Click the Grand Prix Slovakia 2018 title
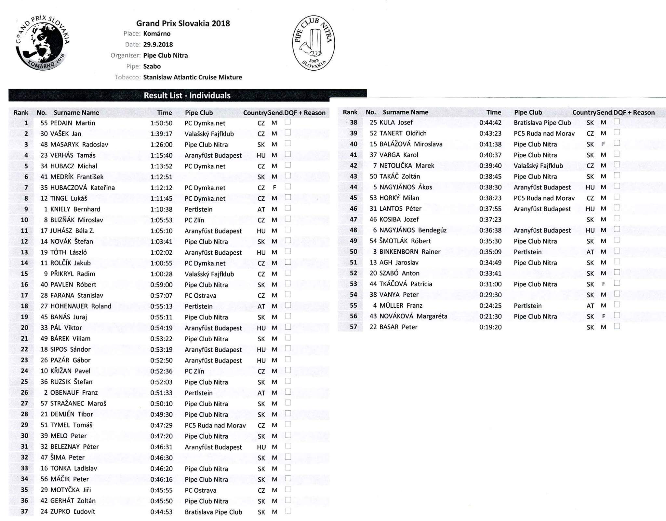pyautogui.click(x=183, y=23)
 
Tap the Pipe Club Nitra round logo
pyautogui.click(x=313, y=43)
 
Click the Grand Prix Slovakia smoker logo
pyautogui.click(x=43, y=43)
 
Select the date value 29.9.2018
pyautogui.click(x=158, y=45)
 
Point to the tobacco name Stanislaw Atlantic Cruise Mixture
pyautogui.click(x=193, y=77)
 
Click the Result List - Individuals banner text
pyautogui.click(x=187, y=95)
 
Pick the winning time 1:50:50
pyautogui.click(x=161, y=123)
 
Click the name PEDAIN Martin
pyautogui.click(x=73, y=123)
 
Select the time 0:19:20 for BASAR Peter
pyautogui.click(x=490, y=327)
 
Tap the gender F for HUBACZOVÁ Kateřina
pyautogui.click(x=274, y=188)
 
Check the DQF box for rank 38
pyautogui.click(x=617, y=121)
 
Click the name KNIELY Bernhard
pyautogui.click(x=75, y=209)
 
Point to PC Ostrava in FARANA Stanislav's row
pyautogui.click(x=200, y=296)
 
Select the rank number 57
pyautogui.click(x=353, y=327)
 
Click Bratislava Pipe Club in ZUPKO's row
pyautogui.click(x=213, y=512)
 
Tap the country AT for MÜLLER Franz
pyautogui.click(x=590, y=306)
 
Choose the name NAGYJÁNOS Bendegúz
pyautogui.click(x=413, y=230)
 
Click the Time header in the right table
pyautogui.click(x=494, y=112)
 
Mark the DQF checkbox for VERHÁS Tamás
pyautogui.click(x=288, y=154)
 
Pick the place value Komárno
pyautogui.click(x=157, y=34)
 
